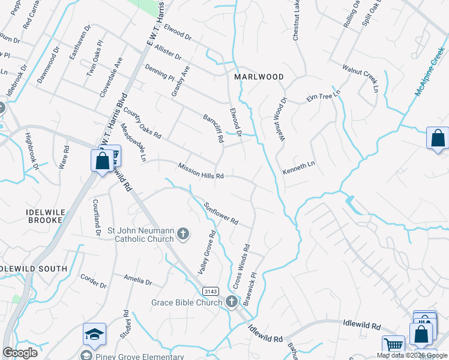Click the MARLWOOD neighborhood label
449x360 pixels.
[259, 77]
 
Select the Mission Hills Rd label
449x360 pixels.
[200, 171]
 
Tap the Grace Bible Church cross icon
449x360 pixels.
[233, 302]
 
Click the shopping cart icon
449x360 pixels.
[394, 345]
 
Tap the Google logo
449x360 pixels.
[20, 353]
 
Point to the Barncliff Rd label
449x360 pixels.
[214, 128]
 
